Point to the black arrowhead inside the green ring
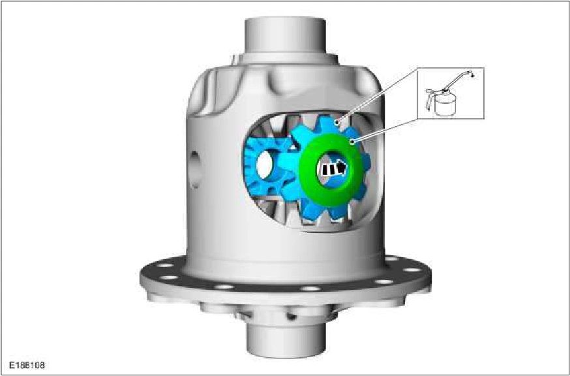pos(341,168)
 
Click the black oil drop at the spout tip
pos(472,76)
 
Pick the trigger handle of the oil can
pos(430,99)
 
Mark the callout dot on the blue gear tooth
pos(338,122)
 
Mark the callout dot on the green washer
pos(352,142)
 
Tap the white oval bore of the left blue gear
pos(264,165)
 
